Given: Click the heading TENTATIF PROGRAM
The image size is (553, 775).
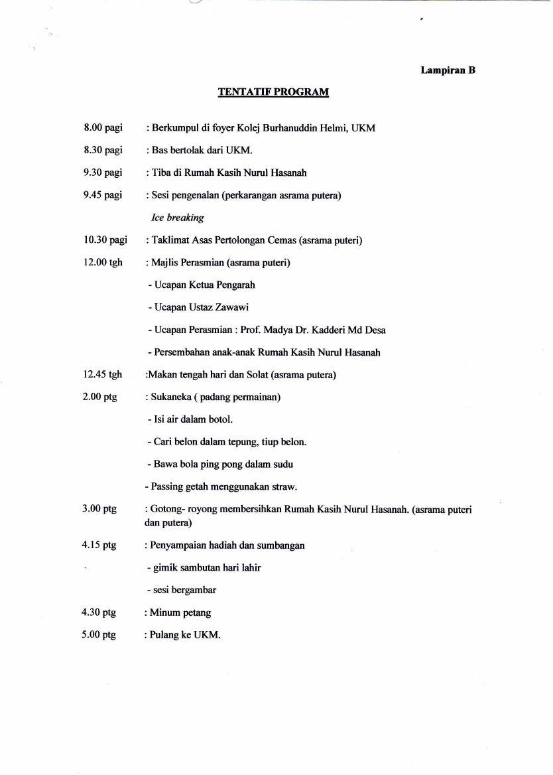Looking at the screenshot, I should [x=273, y=92].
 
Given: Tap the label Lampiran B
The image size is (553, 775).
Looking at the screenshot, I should [x=448, y=70].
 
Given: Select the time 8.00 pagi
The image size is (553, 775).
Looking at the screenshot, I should [x=103, y=127].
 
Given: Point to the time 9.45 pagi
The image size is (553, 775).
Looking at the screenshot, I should [x=103, y=195].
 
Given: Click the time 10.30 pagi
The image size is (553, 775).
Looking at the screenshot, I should [x=105, y=240].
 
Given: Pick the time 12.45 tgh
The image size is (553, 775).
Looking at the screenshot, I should [x=103, y=375].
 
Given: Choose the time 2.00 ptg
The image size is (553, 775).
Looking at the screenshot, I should [x=99, y=397].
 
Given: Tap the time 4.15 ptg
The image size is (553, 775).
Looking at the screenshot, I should [x=99, y=545].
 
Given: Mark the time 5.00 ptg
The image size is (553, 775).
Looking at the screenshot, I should [x=99, y=635].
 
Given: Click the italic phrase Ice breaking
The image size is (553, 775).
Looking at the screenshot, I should [x=178, y=218].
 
